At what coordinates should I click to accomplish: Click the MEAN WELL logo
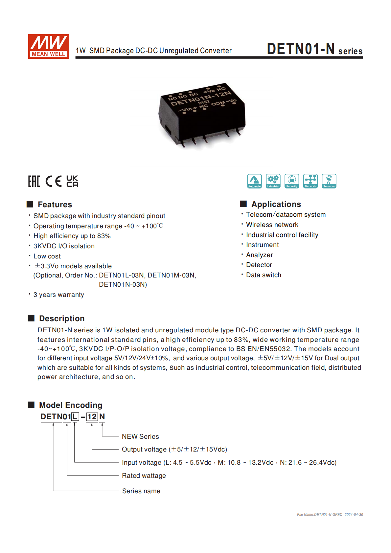(49, 46)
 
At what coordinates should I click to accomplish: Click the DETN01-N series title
(314, 49)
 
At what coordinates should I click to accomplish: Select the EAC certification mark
(34, 181)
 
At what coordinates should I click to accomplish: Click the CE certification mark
(53, 181)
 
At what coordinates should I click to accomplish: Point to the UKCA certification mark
(72, 181)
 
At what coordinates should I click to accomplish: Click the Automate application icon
(254, 181)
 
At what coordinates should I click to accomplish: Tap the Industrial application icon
(273, 181)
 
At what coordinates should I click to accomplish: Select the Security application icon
(292, 181)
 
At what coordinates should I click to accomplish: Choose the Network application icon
(310, 181)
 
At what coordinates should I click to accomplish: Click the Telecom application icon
(329, 181)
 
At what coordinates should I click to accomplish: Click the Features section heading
(55, 205)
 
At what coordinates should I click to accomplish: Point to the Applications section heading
(276, 204)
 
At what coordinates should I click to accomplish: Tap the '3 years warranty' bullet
(58, 295)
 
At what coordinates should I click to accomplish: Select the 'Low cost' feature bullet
(47, 256)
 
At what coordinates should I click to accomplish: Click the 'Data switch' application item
(264, 275)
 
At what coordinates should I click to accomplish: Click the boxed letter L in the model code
(75, 417)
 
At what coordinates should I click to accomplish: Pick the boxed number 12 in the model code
(92, 417)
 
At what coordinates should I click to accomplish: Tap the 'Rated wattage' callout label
(144, 476)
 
